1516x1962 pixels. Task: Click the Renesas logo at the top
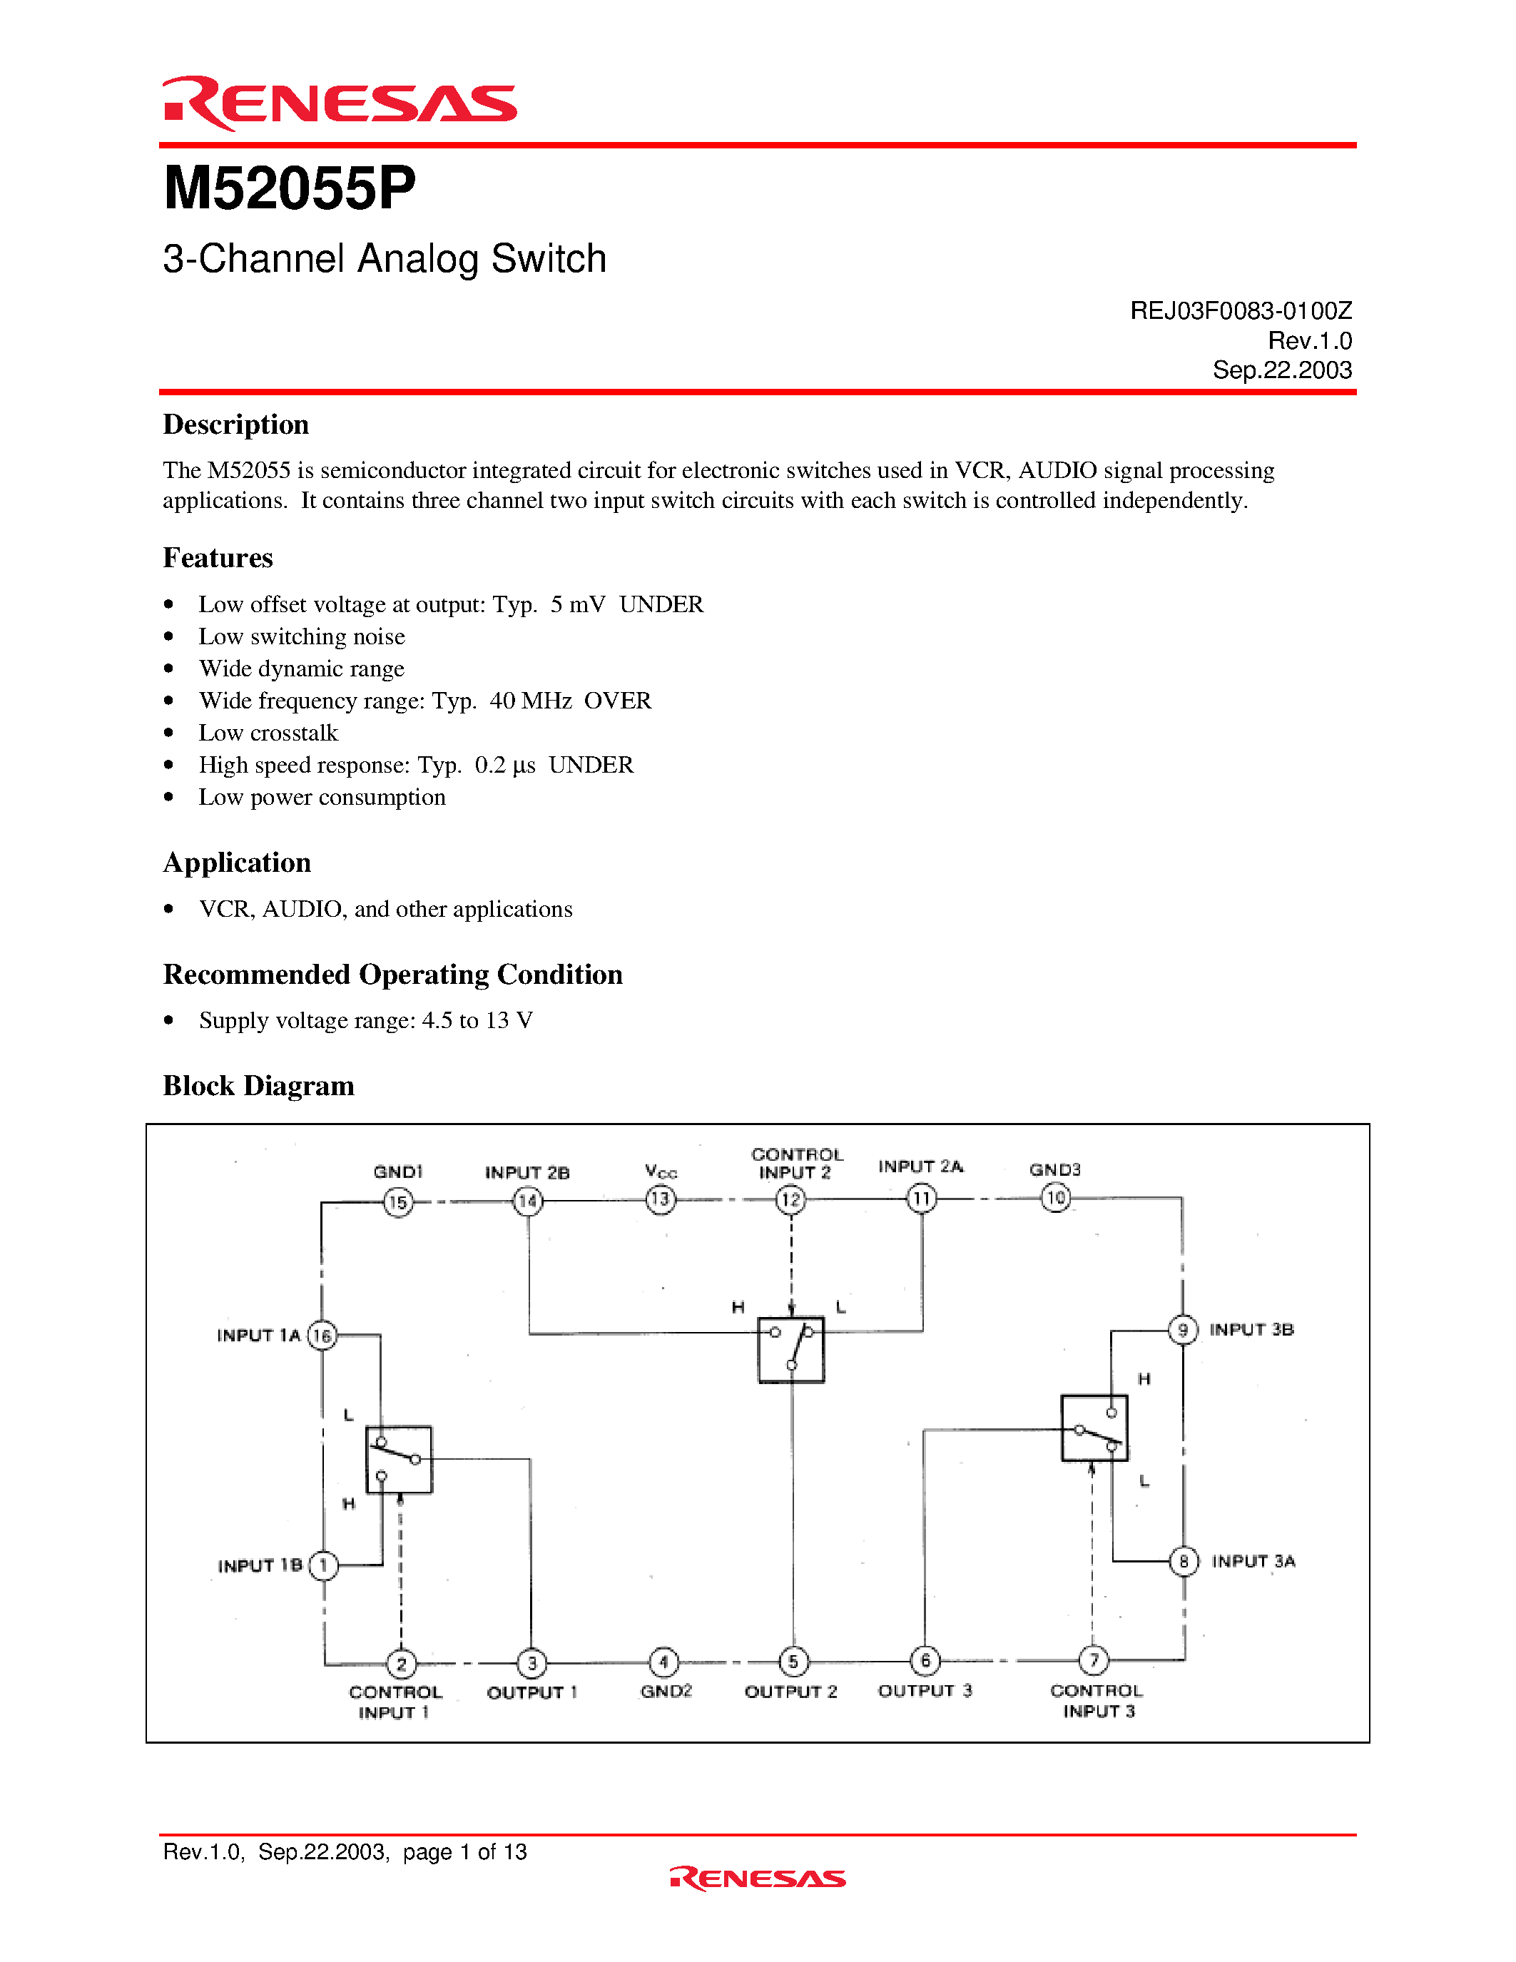339,103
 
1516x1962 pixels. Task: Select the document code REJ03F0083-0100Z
1241,311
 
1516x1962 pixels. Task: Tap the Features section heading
218,558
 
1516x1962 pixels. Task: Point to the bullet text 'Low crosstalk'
268,733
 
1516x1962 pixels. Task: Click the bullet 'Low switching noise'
302,637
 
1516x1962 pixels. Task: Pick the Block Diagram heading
259,1086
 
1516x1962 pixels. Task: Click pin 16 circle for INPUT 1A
322,1336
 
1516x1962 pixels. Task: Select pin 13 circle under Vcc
660,1199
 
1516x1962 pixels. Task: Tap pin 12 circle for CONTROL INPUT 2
790,1199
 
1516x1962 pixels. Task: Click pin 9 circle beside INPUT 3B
1183,1330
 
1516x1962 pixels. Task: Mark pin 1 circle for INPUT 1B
323,1566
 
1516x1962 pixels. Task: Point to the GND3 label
1054,1169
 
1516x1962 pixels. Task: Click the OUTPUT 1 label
531,1692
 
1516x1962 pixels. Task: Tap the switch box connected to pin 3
399,1460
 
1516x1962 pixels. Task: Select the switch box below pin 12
791,1349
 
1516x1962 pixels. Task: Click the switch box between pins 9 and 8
1094,1428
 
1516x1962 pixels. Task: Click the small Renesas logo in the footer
757,1879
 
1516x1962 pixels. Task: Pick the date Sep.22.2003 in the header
1281,370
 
